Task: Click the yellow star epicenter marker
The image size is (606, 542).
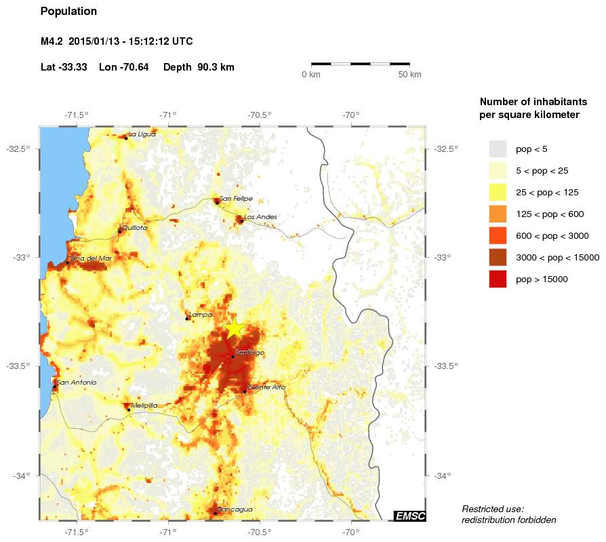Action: [x=234, y=328]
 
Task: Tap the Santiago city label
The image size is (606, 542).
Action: [x=249, y=353]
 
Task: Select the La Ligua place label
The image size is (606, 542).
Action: [x=142, y=134]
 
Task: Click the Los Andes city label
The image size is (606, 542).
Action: [x=260, y=216]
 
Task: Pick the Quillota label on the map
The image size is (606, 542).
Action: [x=134, y=228]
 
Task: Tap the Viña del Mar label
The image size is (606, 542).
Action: [x=92, y=258]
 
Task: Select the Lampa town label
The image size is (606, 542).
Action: [x=201, y=314]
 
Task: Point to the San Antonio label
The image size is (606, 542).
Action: [x=77, y=382]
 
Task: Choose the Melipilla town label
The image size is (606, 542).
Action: [x=144, y=405]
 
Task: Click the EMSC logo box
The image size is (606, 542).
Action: [x=409, y=516]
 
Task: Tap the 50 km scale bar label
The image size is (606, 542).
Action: [x=409, y=74]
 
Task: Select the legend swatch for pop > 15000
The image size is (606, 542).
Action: [x=498, y=279]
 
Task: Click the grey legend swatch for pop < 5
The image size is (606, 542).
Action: [x=498, y=149]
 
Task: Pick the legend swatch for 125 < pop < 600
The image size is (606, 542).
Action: [x=498, y=214]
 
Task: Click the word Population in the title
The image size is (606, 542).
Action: [x=68, y=12]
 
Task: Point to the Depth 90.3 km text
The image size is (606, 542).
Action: [x=199, y=67]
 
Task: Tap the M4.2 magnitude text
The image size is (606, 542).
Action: [x=52, y=41]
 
